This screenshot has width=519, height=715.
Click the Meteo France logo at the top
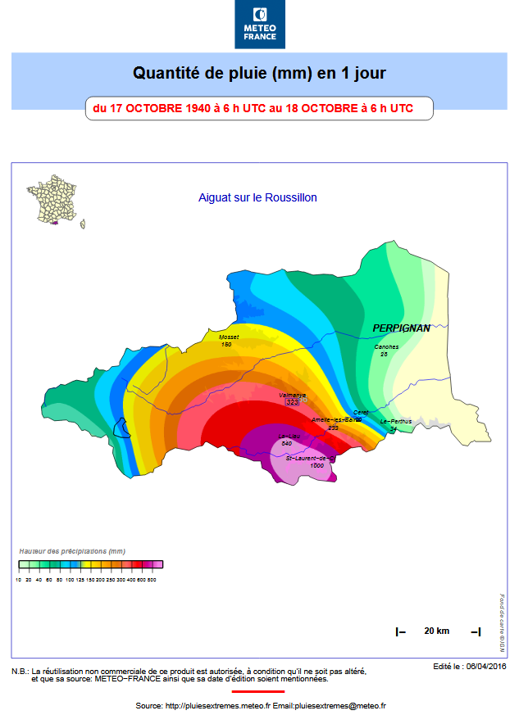(x=260, y=25)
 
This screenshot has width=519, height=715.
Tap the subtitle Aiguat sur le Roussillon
(x=257, y=197)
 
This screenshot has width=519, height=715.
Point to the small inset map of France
(x=56, y=201)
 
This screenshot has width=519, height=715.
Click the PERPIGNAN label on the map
(x=402, y=328)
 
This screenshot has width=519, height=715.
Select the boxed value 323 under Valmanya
(x=293, y=402)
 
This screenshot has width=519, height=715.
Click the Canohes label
(x=386, y=346)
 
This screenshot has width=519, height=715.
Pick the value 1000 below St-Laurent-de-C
(x=316, y=465)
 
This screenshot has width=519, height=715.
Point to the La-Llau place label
(x=289, y=436)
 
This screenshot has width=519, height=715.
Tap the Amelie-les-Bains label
(x=336, y=419)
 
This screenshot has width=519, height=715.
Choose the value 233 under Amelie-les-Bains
(x=333, y=428)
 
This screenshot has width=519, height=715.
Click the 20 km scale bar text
(x=436, y=631)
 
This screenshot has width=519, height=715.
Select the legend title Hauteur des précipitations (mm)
(x=72, y=551)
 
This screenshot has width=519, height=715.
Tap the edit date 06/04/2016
(x=486, y=667)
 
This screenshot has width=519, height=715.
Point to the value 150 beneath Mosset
(x=226, y=345)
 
